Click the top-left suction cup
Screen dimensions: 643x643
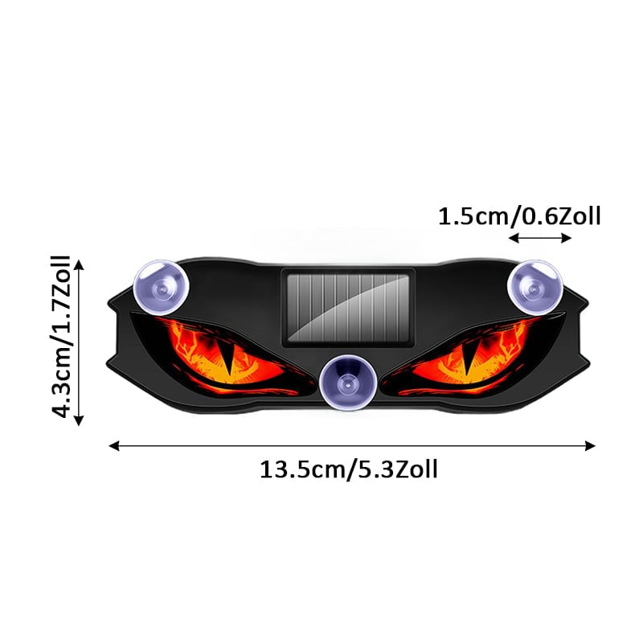[162, 287]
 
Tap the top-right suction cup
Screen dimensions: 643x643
[534, 288]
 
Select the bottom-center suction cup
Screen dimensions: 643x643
[347, 382]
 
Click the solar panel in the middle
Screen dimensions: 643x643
[348, 308]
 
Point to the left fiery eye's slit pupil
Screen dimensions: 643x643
[227, 358]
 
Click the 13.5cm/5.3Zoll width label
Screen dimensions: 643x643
[349, 469]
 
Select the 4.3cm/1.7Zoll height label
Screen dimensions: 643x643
[61, 336]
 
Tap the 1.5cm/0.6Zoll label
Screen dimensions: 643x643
[519, 216]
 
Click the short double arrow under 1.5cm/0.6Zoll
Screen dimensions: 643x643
[539, 238]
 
